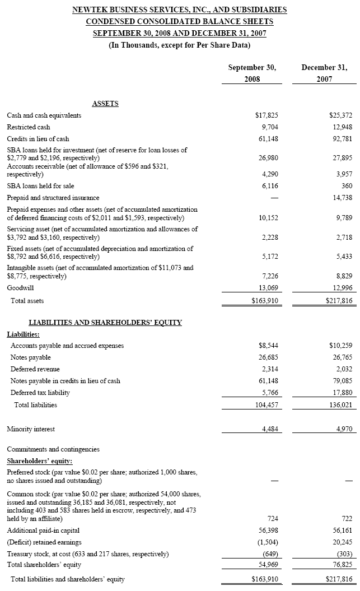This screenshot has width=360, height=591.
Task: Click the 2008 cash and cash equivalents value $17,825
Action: click(x=267, y=115)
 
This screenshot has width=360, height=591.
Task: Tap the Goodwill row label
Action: click(x=20, y=288)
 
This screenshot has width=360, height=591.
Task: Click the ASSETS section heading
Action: click(x=105, y=104)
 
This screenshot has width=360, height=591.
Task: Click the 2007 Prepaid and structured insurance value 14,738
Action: click(x=340, y=197)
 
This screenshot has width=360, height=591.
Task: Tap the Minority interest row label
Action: click(x=31, y=430)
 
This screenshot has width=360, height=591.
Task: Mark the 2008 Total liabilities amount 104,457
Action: click(x=267, y=404)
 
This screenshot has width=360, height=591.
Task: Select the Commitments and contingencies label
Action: click(x=53, y=449)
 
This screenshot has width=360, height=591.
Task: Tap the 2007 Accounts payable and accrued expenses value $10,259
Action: click(x=339, y=346)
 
